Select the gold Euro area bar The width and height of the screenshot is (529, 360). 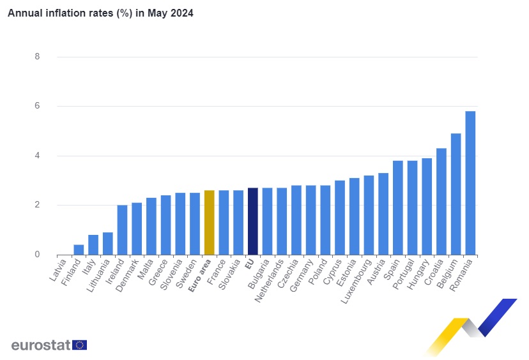tap(209, 223)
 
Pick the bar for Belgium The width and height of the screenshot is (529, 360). tap(456, 194)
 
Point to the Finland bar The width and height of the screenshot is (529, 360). tap(79, 250)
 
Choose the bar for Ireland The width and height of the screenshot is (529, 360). tap(122, 230)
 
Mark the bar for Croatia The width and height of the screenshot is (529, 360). tap(441, 202)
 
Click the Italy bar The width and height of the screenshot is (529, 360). tap(93, 245)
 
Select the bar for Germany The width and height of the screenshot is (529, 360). tap(310, 220)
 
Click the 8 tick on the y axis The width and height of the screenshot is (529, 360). tap(37, 57)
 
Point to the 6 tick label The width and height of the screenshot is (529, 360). tap(37, 106)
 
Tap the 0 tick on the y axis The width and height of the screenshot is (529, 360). tap(37, 255)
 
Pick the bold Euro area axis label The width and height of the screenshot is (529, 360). tap(200, 275)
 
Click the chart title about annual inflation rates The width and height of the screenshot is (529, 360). tap(100, 13)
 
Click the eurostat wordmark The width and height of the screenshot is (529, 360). tap(41, 345)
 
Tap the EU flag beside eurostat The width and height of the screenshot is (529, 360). tap(80, 345)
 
